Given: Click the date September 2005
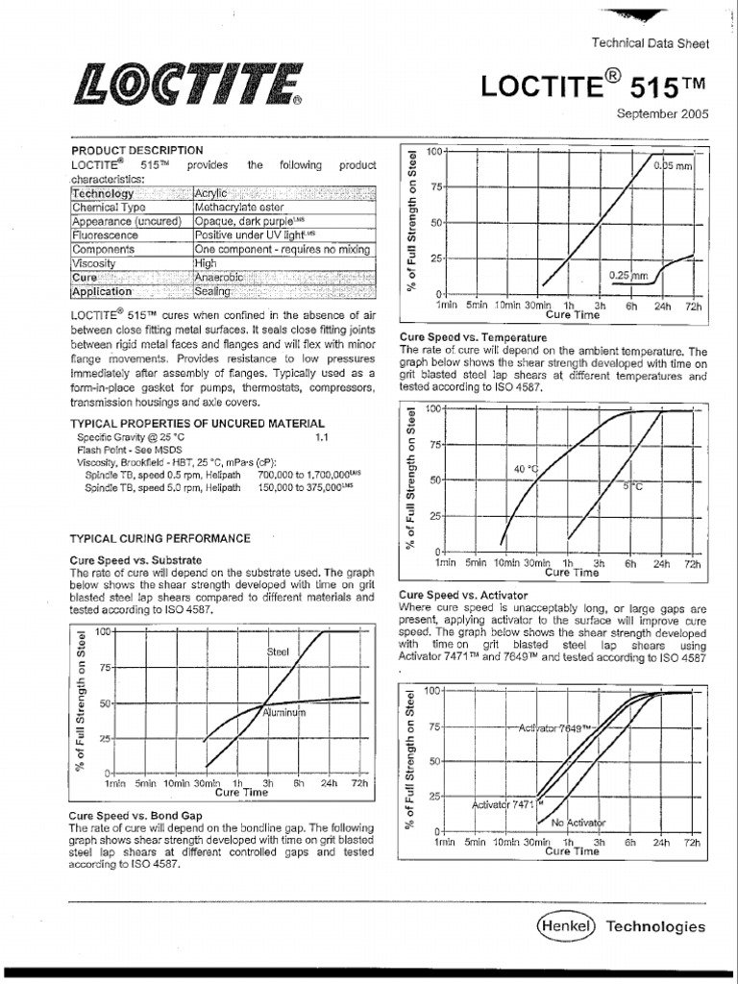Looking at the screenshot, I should (662, 113).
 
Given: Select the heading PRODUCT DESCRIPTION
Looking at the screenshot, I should (137, 151).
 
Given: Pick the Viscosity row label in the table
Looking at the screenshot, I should (93, 262).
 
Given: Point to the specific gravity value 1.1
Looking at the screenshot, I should (322, 436).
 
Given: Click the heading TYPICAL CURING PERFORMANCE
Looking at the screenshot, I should (160, 539).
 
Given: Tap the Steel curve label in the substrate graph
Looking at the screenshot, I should (278, 652).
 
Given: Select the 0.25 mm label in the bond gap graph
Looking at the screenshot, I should (628, 275).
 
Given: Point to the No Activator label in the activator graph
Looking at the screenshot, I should (578, 823).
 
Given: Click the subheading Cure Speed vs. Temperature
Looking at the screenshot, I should (473, 338).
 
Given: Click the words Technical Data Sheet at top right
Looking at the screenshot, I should (650, 43).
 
